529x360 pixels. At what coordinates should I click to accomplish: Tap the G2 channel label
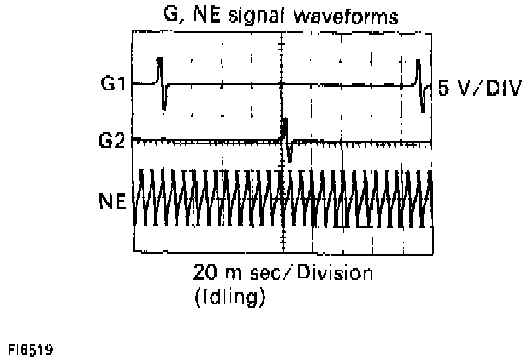pos(112,137)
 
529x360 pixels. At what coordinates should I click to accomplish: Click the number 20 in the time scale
pos(205,272)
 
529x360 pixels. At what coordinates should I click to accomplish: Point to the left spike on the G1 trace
pos(161,83)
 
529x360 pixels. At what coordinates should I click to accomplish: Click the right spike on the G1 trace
pos(420,83)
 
